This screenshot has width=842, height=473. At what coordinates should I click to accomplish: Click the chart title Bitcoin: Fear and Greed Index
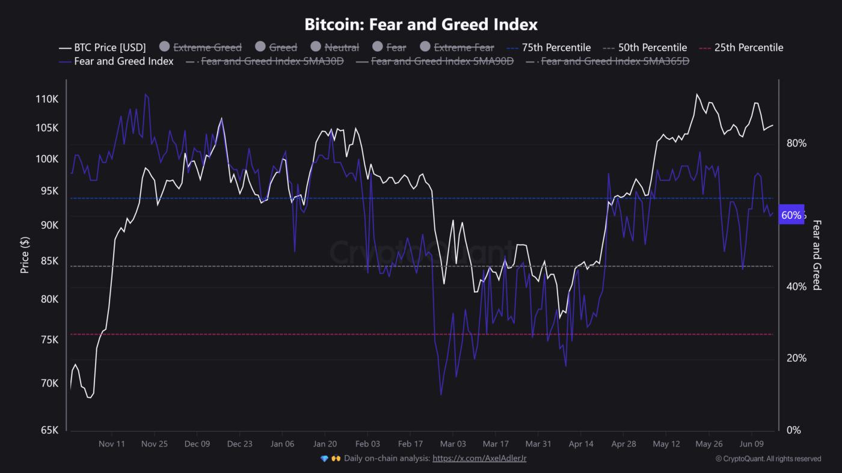421,25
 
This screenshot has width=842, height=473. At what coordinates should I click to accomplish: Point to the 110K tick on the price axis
47,99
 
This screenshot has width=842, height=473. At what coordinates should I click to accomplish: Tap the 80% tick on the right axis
796,143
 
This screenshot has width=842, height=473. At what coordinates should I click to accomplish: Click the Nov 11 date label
112,444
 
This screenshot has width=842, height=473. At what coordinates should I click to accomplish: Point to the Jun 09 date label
752,444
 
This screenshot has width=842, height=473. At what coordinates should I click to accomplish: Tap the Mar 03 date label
453,444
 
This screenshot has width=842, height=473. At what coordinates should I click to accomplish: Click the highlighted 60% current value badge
791,215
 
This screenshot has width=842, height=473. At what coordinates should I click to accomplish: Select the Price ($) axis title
25,254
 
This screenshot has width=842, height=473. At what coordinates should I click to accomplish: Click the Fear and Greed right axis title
817,255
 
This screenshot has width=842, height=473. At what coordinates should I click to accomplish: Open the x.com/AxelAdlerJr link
479,459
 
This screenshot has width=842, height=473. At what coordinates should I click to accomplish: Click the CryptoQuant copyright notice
768,459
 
